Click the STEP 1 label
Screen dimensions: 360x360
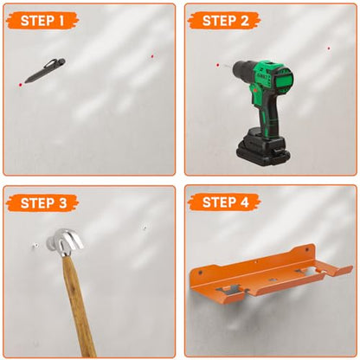tap(42, 21)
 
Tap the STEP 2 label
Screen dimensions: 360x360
tap(225, 21)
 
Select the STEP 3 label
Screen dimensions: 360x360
tap(43, 203)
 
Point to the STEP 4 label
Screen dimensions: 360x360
tap(225, 202)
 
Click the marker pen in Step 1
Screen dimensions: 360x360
tap(45, 70)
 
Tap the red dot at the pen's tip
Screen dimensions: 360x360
tap(20, 85)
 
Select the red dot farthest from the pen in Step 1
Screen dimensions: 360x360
tap(152, 56)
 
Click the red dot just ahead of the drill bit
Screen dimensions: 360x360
tap(218, 65)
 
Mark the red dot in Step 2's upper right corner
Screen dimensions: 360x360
tap(329, 48)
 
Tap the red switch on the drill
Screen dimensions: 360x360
tap(255, 90)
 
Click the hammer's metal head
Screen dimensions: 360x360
tap(65, 241)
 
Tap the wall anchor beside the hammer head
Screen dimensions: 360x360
tap(36, 246)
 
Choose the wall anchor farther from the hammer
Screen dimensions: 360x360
tap(145, 228)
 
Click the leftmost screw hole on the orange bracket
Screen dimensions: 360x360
tap(201, 273)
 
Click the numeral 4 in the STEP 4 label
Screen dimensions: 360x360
tap(244, 202)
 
